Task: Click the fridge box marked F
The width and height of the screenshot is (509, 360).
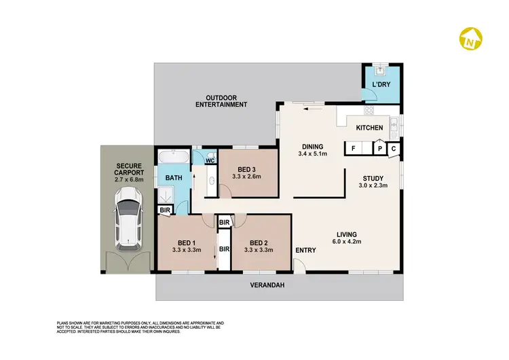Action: (353, 149)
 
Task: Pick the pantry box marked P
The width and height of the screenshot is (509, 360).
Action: (380, 149)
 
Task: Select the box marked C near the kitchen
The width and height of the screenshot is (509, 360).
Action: (394, 149)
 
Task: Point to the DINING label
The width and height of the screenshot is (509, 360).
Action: (312, 146)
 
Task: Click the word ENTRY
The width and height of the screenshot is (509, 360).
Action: (305, 251)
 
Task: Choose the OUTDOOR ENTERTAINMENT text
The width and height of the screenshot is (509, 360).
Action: (221, 101)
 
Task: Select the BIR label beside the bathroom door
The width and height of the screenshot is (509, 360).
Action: (164, 211)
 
